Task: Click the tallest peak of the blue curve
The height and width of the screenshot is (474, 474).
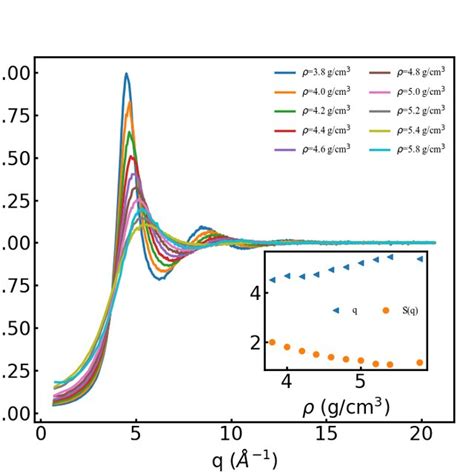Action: (126, 74)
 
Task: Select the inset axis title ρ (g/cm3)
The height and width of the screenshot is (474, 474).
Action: (346, 408)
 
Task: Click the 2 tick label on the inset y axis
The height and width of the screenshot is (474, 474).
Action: (255, 342)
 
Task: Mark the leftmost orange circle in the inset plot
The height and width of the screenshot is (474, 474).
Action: (271, 342)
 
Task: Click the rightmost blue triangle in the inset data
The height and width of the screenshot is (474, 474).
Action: (419, 258)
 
